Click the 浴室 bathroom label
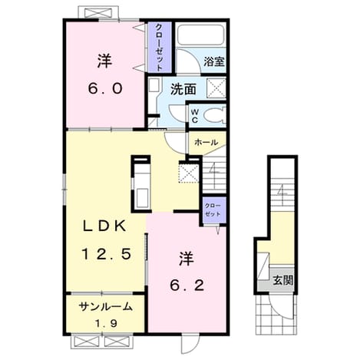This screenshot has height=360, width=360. [214, 61]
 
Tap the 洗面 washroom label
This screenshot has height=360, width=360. [183, 89]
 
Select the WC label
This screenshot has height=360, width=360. [195, 116]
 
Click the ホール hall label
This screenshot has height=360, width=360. [206, 142]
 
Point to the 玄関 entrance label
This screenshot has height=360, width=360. [282, 280]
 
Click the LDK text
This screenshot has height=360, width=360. [104, 226]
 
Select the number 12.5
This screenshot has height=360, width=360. [106, 254]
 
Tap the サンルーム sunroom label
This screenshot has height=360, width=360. [106, 307]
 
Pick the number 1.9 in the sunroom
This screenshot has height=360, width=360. [106, 324]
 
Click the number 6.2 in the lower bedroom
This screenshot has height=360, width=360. [187, 285]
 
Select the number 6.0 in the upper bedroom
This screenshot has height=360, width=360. [105, 88]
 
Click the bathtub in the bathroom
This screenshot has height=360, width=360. [200, 35]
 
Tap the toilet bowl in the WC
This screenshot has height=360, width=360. [214, 116]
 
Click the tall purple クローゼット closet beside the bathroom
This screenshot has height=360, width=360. [160, 47]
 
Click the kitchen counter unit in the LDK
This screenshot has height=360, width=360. [141, 183]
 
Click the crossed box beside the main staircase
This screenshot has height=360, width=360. [189, 173]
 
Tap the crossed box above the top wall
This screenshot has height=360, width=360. [98, 13]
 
